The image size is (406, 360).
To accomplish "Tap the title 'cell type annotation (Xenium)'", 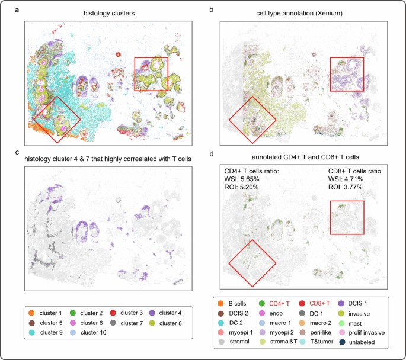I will coord(303,11).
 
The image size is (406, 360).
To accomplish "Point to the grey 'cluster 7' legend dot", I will coord(113,323).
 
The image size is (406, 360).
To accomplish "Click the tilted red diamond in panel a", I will coord(57,119).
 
